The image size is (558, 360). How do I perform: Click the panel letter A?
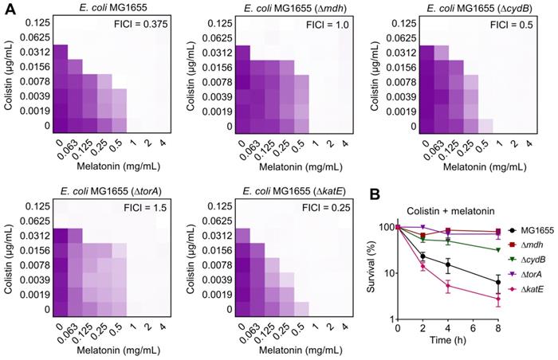(6, 7)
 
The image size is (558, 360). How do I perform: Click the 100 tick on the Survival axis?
(403, 228)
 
